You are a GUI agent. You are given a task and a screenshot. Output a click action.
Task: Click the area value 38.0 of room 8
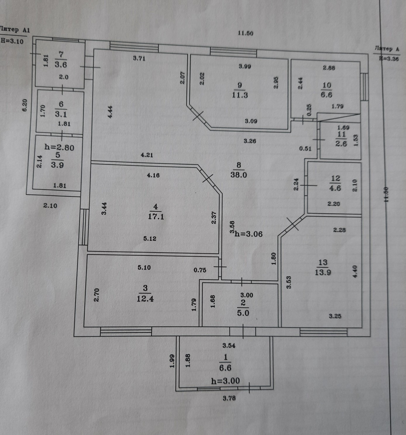click(x=239, y=175)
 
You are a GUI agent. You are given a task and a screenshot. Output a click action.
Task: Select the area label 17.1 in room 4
click(x=156, y=217)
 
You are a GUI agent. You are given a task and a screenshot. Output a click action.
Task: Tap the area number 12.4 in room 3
click(x=145, y=299)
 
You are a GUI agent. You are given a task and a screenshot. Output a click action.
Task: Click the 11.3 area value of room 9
click(x=240, y=95)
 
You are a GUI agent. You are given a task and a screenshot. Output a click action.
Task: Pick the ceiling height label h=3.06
click(x=249, y=234)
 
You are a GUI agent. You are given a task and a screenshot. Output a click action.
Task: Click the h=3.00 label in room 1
click(x=225, y=381)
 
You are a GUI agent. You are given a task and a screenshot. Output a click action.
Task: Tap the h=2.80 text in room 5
click(x=59, y=147)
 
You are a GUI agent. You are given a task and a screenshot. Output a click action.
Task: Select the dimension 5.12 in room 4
click(x=150, y=239)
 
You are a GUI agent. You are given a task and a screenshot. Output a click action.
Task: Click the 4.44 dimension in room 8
click(x=110, y=112)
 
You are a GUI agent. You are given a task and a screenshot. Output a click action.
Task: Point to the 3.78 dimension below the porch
click(x=229, y=398)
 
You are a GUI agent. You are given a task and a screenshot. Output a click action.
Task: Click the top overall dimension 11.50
click(x=245, y=33)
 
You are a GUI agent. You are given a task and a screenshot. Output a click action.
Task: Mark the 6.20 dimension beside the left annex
click(x=25, y=105)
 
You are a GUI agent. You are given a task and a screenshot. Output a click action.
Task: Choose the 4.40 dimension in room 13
click(x=355, y=271)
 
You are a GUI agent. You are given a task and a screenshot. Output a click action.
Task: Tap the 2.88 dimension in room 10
click(x=329, y=68)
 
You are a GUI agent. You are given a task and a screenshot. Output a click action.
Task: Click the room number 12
click(x=335, y=178)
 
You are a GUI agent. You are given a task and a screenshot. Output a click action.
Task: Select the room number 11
click(x=341, y=134)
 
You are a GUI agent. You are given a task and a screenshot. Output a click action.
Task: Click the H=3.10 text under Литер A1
click(x=12, y=41)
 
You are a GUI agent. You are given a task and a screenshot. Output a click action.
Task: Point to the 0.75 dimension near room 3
click(x=200, y=270)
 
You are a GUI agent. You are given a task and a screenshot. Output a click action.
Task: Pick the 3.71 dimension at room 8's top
click(x=139, y=58)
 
